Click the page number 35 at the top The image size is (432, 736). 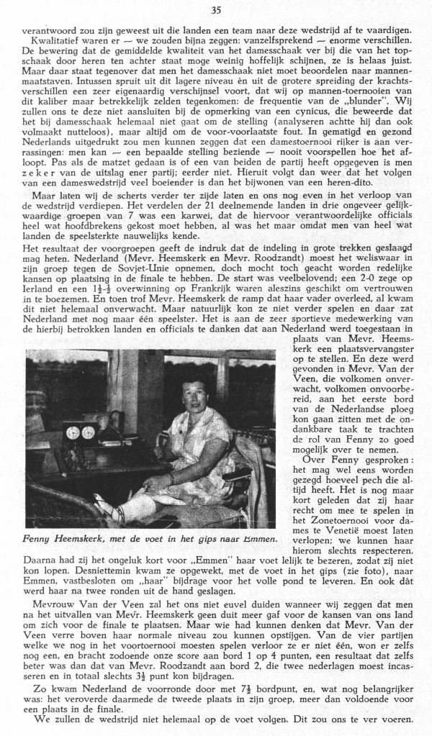point(216,10)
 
